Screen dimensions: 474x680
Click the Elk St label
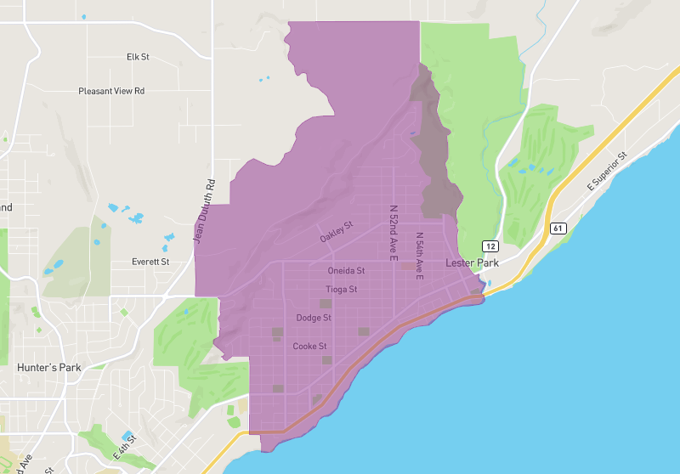(x=138, y=57)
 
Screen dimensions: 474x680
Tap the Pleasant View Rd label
(x=111, y=91)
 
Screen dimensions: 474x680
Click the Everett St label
(x=150, y=262)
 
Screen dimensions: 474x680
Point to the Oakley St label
(x=336, y=232)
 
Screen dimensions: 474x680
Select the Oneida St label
(x=346, y=271)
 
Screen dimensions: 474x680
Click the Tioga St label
(x=342, y=290)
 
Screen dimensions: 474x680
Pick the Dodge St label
(x=314, y=318)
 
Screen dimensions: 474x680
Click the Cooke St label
(x=309, y=347)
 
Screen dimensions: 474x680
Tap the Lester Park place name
(x=472, y=264)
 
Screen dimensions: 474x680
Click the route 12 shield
(x=490, y=245)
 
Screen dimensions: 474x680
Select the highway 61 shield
(x=558, y=228)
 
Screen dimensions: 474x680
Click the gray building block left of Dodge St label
(x=277, y=332)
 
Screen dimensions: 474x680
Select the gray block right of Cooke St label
(x=327, y=360)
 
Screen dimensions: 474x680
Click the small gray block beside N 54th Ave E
(x=409, y=266)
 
